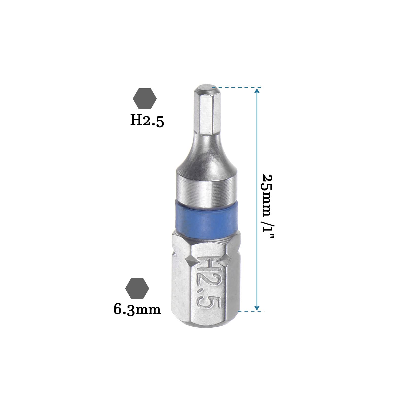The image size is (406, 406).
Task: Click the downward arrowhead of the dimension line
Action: click(257, 308)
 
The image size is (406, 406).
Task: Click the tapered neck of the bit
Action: click(205, 152)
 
